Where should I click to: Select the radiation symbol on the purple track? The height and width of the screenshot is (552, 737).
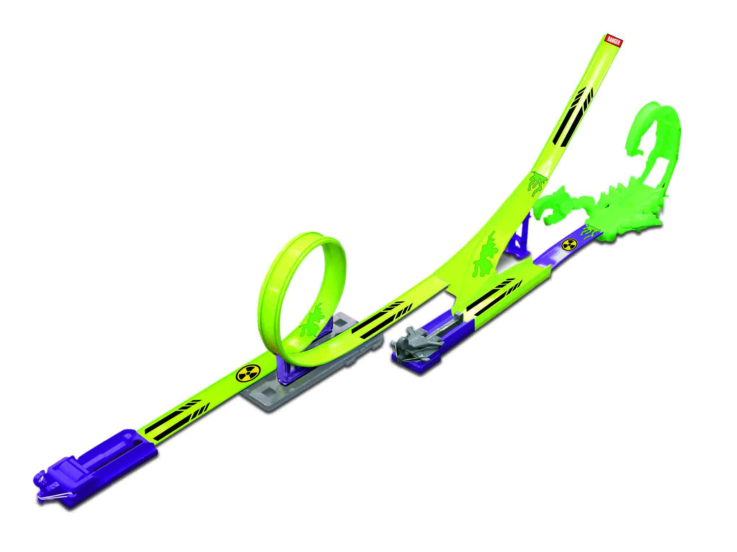(x=569, y=245)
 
